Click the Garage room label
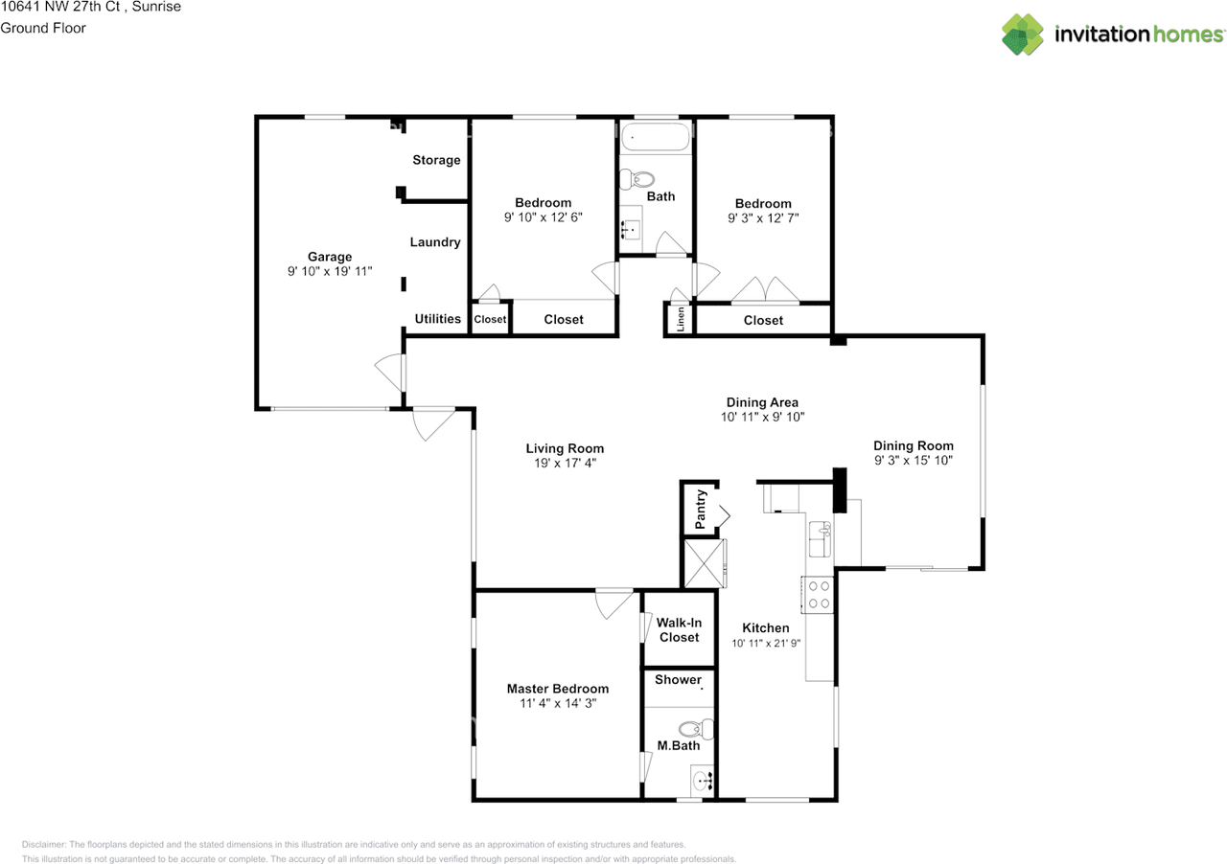tap(330, 257)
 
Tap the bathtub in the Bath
tap(656, 136)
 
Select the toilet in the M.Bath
tap(697, 729)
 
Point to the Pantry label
tap(700, 510)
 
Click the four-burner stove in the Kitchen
tap(818, 595)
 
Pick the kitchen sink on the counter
tap(820, 538)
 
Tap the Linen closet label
tap(681, 319)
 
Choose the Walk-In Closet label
tap(680, 629)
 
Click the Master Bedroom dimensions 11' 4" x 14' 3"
tap(558, 703)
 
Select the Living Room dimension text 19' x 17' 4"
tap(566, 463)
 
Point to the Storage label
tap(436, 160)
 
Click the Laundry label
tap(435, 242)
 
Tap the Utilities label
tap(438, 319)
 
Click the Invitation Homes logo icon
tap(1023, 34)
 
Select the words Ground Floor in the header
tap(43, 28)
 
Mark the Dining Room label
tap(914, 445)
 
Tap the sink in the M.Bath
tap(703, 781)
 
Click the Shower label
tap(678, 679)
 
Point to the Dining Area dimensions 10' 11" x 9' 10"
tap(762, 417)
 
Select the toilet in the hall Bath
tap(637, 178)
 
